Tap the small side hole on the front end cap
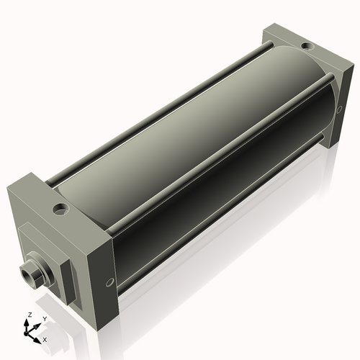[x=110, y=282]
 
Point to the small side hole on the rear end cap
[x=336, y=109]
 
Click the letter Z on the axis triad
[x=28, y=315]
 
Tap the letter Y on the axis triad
[x=45, y=318]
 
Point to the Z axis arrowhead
[x=28, y=322]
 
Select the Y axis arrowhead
[x=38, y=323]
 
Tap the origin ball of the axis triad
[x=30, y=333]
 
